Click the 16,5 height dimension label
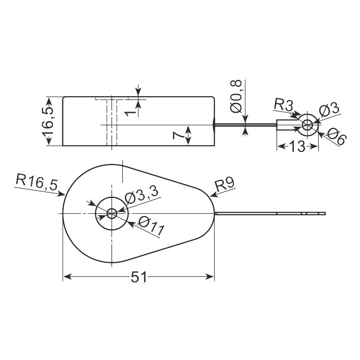[48, 121]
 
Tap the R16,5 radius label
[37, 182]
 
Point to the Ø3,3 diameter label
[141, 195]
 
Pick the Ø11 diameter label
[151, 226]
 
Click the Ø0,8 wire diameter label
[237, 96]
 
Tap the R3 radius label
[284, 105]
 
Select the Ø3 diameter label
[329, 110]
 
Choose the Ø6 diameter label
[336, 136]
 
